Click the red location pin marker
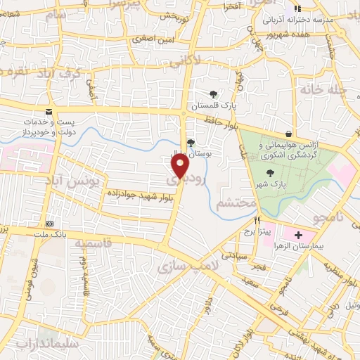coord(180,166)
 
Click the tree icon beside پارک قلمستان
coord(213,94)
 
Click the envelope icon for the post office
coord(48,111)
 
